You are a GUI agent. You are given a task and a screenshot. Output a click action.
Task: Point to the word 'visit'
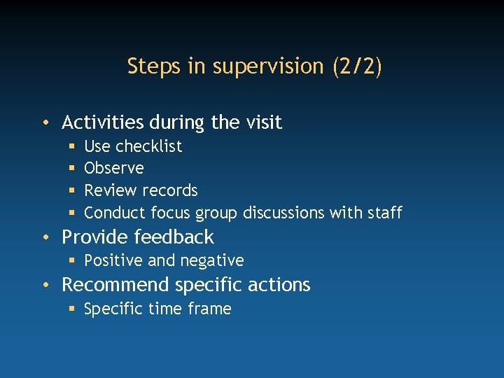tap(263, 122)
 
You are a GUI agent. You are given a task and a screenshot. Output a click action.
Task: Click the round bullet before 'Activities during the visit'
tap(45, 123)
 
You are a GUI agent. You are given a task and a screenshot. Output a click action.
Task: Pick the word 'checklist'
tap(148, 146)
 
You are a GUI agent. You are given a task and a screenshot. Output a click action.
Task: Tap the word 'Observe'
tap(114, 168)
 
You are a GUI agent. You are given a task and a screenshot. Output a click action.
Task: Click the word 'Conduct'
tap(115, 213)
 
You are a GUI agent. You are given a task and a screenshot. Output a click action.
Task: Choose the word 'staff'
tap(384, 213)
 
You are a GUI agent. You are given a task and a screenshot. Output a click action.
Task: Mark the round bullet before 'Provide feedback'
tap(45, 238)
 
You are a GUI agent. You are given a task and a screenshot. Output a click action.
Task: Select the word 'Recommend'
tap(115, 285)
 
